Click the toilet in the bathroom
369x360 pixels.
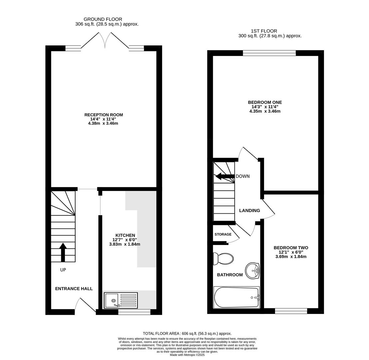tap(223, 259)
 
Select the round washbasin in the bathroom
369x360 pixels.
tap(252, 271)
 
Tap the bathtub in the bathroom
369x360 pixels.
tap(236, 297)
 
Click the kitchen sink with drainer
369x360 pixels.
tap(121, 300)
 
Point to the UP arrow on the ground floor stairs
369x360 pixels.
tap(63, 252)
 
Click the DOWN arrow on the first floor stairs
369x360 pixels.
tap(225, 176)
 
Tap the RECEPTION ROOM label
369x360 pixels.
tap(104, 115)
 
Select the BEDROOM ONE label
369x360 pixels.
tap(265, 102)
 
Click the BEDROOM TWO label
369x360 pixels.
tap(291, 248)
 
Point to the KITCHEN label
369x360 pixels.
tap(125, 235)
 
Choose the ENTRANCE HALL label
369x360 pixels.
tap(74, 289)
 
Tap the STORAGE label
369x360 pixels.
tap(223, 234)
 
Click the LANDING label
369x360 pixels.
tap(249, 210)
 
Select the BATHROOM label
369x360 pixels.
tap(230, 275)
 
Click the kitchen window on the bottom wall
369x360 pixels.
tap(134, 312)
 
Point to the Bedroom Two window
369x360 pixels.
tap(291, 311)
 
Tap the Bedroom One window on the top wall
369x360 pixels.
tap(269, 53)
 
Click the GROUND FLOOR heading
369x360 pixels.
tap(103, 19)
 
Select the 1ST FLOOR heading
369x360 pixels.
tap(264, 31)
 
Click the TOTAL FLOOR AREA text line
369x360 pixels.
tap(187, 333)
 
